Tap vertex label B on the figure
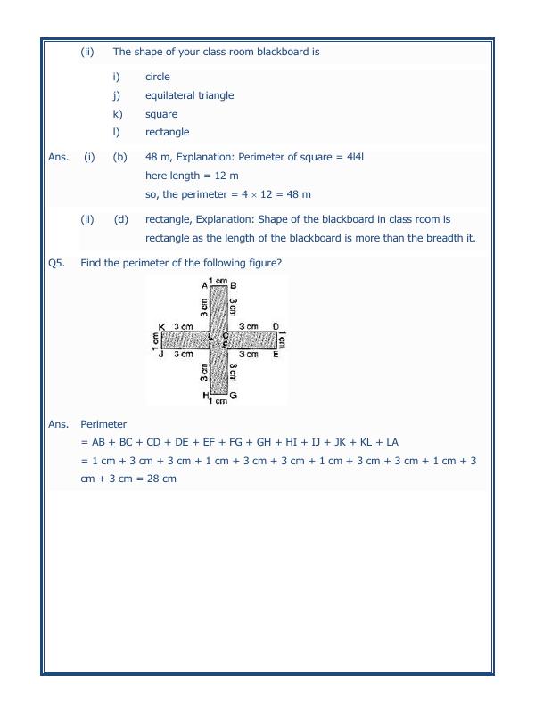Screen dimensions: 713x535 click(x=233, y=285)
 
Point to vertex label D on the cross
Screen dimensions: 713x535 click(x=276, y=327)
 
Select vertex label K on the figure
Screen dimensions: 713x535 click(x=160, y=327)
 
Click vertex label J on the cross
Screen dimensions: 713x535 click(x=160, y=355)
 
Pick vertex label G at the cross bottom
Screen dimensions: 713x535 click(x=233, y=395)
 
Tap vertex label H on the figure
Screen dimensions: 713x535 click(x=205, y=395)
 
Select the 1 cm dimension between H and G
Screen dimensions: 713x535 click(x=218, y=401)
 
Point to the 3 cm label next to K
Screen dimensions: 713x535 click(x=184, y=327)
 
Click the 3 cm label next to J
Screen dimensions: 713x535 click(x=184, y=355)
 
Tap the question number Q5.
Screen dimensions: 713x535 click(x=57, y=263)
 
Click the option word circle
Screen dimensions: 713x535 click(x=157, y=77)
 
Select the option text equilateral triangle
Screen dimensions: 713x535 click(x=190, y=95)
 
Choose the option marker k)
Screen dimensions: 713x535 click(x=117, y=114)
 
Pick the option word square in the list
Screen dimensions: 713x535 click(x=161, y=114)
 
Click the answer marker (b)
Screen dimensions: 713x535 click(x=119, y=158)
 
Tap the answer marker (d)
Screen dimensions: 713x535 click(x=119, y=219)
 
